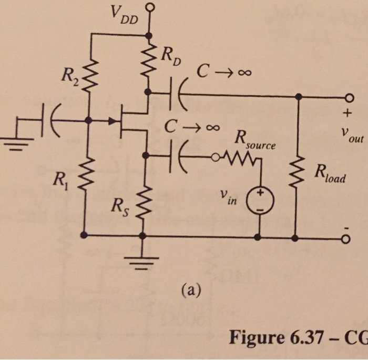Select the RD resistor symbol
click(x=150, y=61)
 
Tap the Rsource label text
click(x=255, y=140)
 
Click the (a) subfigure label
click(x=190, y=288)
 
